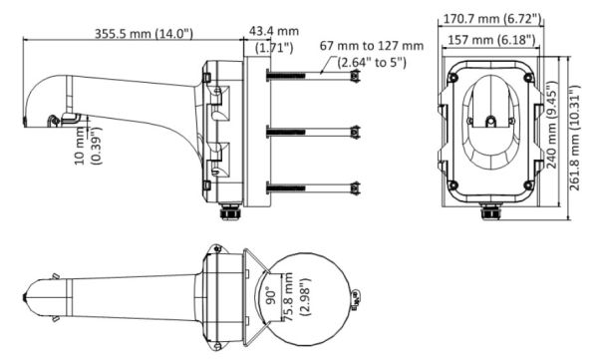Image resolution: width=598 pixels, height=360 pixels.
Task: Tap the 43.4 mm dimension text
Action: pos(268,33)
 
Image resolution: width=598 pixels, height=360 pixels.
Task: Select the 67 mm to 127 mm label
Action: pos(372,46)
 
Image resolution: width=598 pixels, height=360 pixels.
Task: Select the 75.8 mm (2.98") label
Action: pos(290,296)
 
